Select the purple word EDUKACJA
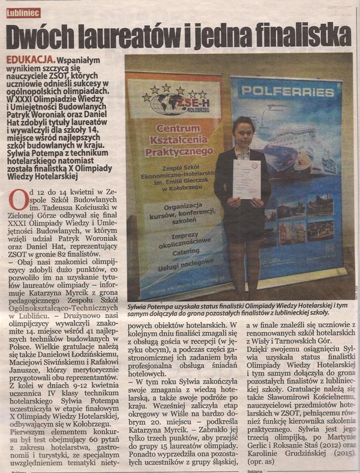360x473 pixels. [x=27, y=61]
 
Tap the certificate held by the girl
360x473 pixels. [x=245, y=178]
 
